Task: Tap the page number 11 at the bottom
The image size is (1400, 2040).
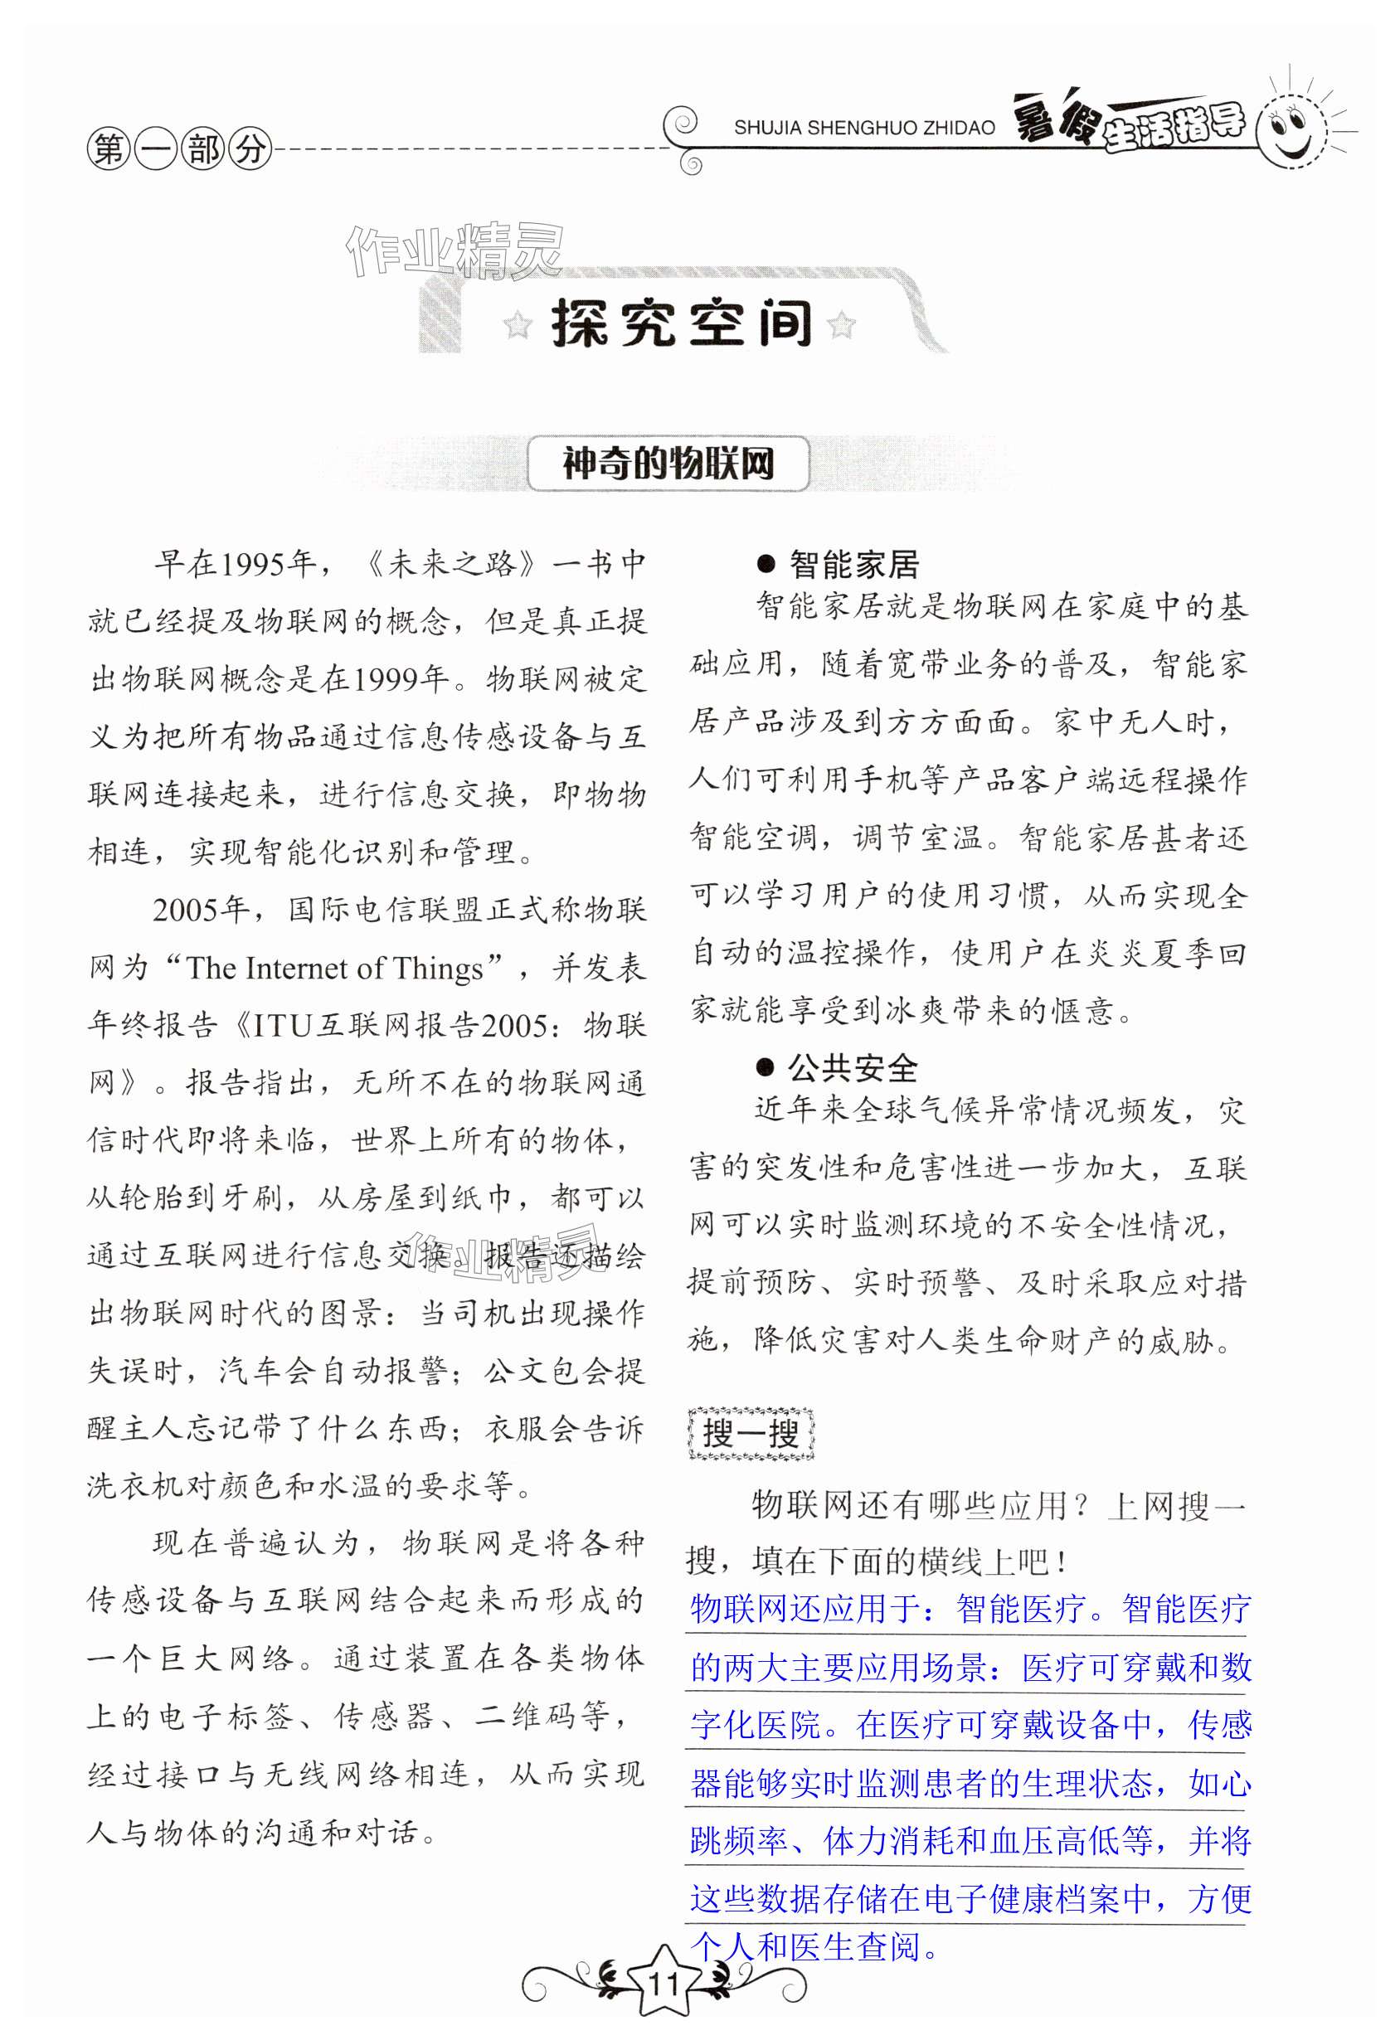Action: point(663,1983)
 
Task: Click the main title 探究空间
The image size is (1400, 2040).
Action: point(681,325)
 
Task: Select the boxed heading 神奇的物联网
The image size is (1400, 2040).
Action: point(668,464)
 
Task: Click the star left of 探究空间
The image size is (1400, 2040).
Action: point(518,327)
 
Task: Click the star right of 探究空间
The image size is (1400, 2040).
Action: point(841,326)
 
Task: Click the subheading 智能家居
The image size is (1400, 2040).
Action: point(853,565)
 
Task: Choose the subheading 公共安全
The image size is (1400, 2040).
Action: point(853,1068)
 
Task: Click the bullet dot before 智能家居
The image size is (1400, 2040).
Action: point(766,566)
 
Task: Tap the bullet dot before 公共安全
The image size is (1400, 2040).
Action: point(766,1068)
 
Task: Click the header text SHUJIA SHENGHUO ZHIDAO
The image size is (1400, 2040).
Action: point(863,129)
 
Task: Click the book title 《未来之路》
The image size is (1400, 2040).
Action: point(450,565)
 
